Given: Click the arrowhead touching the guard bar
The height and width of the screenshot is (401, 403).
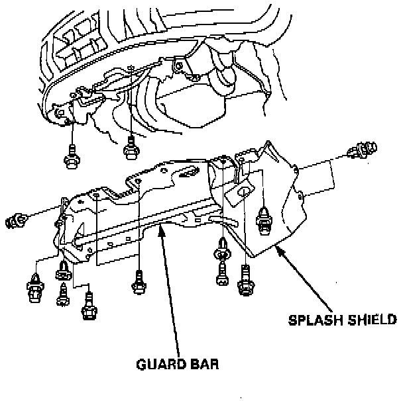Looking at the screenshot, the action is click(160, 228).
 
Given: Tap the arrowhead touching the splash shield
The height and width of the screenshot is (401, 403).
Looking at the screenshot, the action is click(280, 249).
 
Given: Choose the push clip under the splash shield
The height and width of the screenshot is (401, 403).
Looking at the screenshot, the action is click(221, 251).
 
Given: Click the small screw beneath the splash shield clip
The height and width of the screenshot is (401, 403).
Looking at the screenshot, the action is click(221, 274).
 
